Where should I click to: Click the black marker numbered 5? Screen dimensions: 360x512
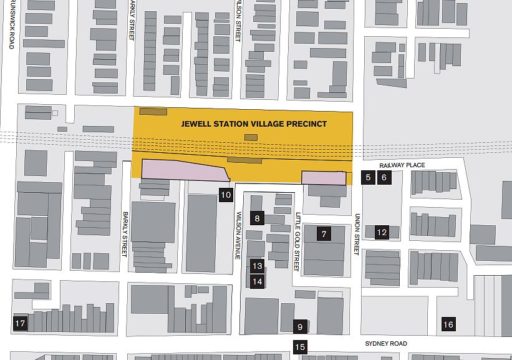pyautogui.click(x=368, y=177)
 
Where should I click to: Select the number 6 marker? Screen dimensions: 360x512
pyautogui.click(x=384, y=177)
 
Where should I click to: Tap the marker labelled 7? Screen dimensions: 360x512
pyautogui.click(x=324, y=235)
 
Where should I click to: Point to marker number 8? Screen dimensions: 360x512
pyautogui.click(x=257, y=218)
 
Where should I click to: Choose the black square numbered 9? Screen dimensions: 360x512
pyautogui.click(x=300, y=327)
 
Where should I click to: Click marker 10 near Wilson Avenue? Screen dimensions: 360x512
pyautogui.click(x=226, y=195)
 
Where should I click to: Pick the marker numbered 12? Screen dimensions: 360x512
pyautogui.click(x=382, y=233)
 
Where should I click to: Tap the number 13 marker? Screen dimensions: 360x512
pyautogui.click(x=258, y=266)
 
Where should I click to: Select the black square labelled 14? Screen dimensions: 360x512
pyautogui.click(x=258, y=281)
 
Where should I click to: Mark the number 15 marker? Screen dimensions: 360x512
pyautogui.click(x=300, y=348)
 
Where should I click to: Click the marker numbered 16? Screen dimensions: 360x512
pyautogui.click(x=448, y=324)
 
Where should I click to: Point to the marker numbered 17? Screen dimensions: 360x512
pyautogui.click(x=20, y=323)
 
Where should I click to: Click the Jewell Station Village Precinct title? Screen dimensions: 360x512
pyautogui.click(x=254, y=124)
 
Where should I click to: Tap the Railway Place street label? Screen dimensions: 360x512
pyautogui.click(x=402, y=165)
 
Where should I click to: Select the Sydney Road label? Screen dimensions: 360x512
pyautogui.click(x=386, y=344)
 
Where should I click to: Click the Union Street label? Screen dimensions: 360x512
pyautogui.click(x=357, y=235)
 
